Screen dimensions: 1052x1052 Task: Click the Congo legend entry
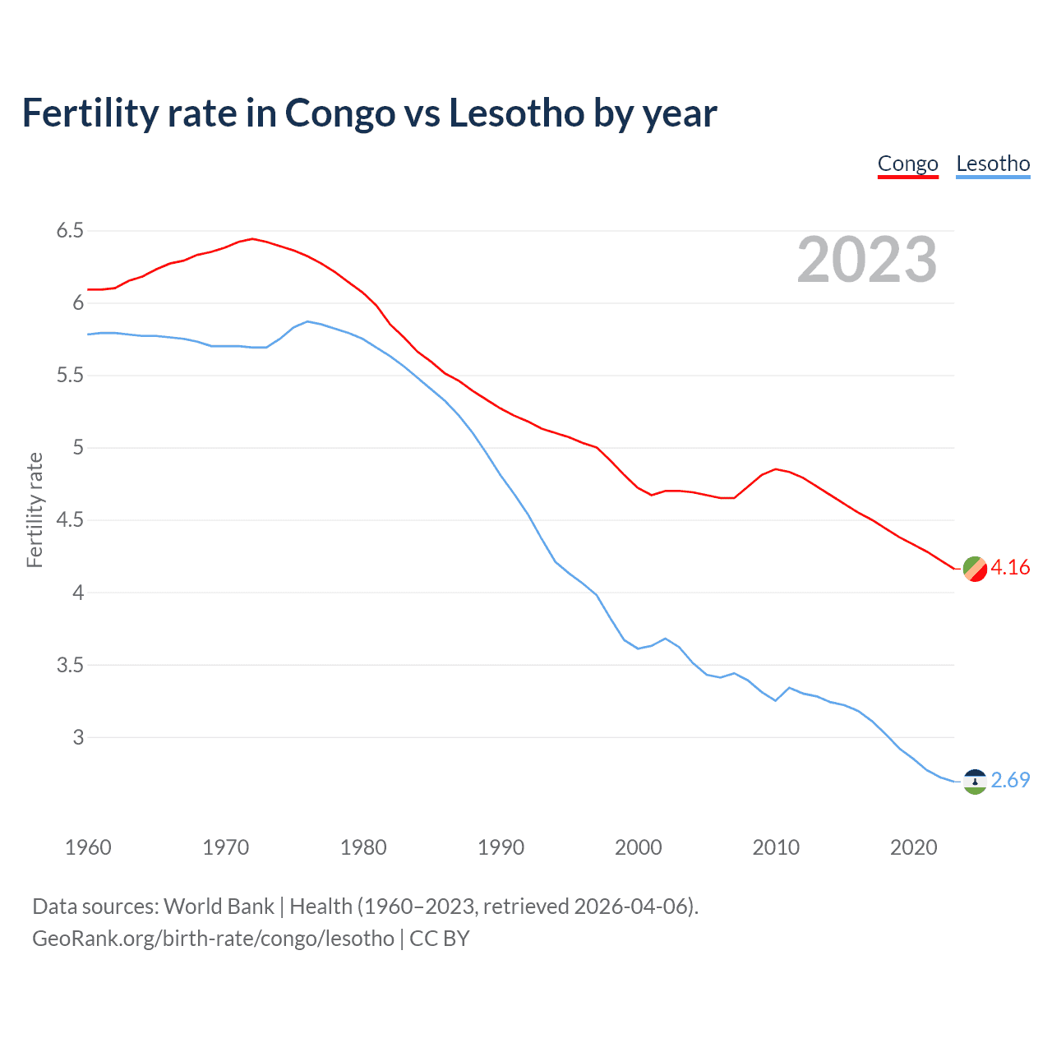(907, 164)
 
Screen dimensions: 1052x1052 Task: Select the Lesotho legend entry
(993, 164)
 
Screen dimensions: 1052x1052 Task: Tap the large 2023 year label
(867, 260)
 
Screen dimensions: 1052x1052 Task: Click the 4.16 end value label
(1010, 568)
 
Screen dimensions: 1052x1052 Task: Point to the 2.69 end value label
(1010, 780)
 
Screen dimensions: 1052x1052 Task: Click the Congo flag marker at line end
(975, 569)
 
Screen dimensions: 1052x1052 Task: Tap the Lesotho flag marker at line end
(975, 782)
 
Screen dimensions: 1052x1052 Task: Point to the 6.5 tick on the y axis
(70, 231)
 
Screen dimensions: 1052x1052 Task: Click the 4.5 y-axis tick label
(70, 520)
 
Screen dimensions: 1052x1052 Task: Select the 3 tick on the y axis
(78, 737)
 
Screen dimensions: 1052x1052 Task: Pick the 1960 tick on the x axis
(88, 847)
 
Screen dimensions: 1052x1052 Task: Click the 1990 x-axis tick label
(501, 847)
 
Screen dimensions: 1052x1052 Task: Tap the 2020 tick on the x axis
(913, 847)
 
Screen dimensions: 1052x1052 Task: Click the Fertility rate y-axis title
(35, 510)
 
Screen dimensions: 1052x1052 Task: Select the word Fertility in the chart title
(90, 113)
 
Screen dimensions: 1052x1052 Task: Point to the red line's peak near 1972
(252, 239)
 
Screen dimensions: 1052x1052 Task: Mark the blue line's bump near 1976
(307, 321)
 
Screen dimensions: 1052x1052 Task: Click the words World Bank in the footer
(219, 907)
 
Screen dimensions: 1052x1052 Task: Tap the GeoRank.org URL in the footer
(213, 939)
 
